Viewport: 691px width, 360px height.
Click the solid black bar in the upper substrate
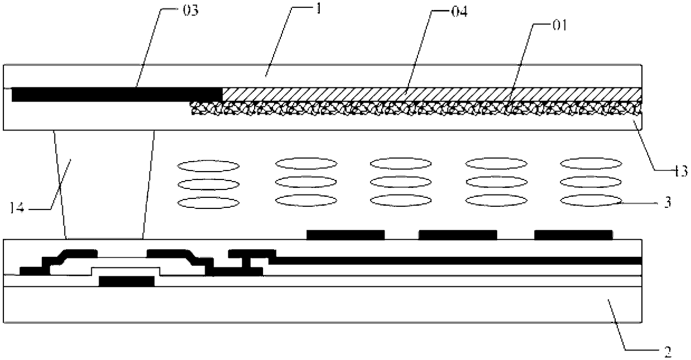click(x=116, y=95)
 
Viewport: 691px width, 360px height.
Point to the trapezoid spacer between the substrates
click(x=105, y=184)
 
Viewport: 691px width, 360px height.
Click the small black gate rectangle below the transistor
click(x=126, y=281)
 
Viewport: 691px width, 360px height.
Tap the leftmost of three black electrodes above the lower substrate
click(x=345, y=235)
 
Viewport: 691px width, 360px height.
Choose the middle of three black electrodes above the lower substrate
click(x=458, y=235)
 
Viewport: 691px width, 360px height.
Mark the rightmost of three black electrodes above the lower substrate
click(x=573, y=235)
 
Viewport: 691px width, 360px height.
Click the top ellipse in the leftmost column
click(x=208, y=166)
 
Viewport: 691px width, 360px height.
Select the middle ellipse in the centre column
click(x=401, y=182)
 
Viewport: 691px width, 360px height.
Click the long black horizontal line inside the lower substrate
click(x=457, y=260)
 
